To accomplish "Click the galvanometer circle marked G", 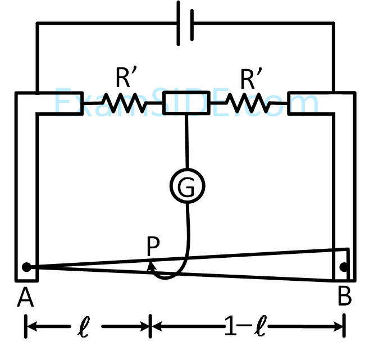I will tap(187, 186).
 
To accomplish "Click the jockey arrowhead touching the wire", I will tap(150, 266).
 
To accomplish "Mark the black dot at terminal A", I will tap(26, 267).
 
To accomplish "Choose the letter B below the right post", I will tap(345, 297).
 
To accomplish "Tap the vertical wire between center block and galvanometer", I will tap(186, 140).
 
